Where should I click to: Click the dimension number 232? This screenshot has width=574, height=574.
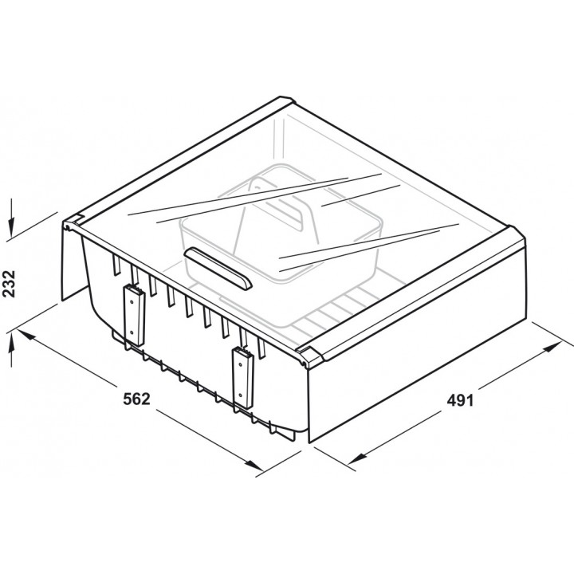[9, 284]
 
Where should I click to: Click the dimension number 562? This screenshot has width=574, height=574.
[136, 399]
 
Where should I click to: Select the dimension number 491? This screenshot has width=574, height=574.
[460, 400]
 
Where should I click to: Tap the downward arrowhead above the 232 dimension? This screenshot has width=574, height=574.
[12, 228]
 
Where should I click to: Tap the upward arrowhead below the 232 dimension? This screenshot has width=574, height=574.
[12, 341]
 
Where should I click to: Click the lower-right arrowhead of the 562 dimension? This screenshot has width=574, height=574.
[254, 465]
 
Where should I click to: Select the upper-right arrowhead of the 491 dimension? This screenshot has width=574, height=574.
[552, 347]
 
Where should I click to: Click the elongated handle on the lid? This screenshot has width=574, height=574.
[218, 269]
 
